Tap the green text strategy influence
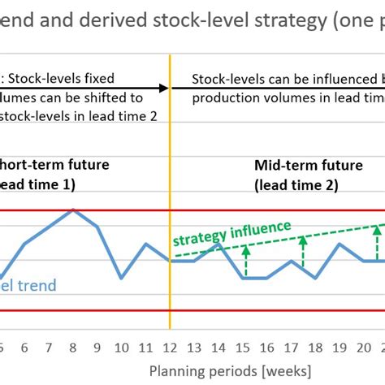pyautogui.click(x=231, y=232)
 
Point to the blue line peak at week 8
pyautogui.click(x=73, y=210)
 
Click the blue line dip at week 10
pyautogui.click(x=121, y=278)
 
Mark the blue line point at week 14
pyautogui.click(x=218, y=244)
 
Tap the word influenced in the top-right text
pyautogui.click(x=339, y=79)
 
